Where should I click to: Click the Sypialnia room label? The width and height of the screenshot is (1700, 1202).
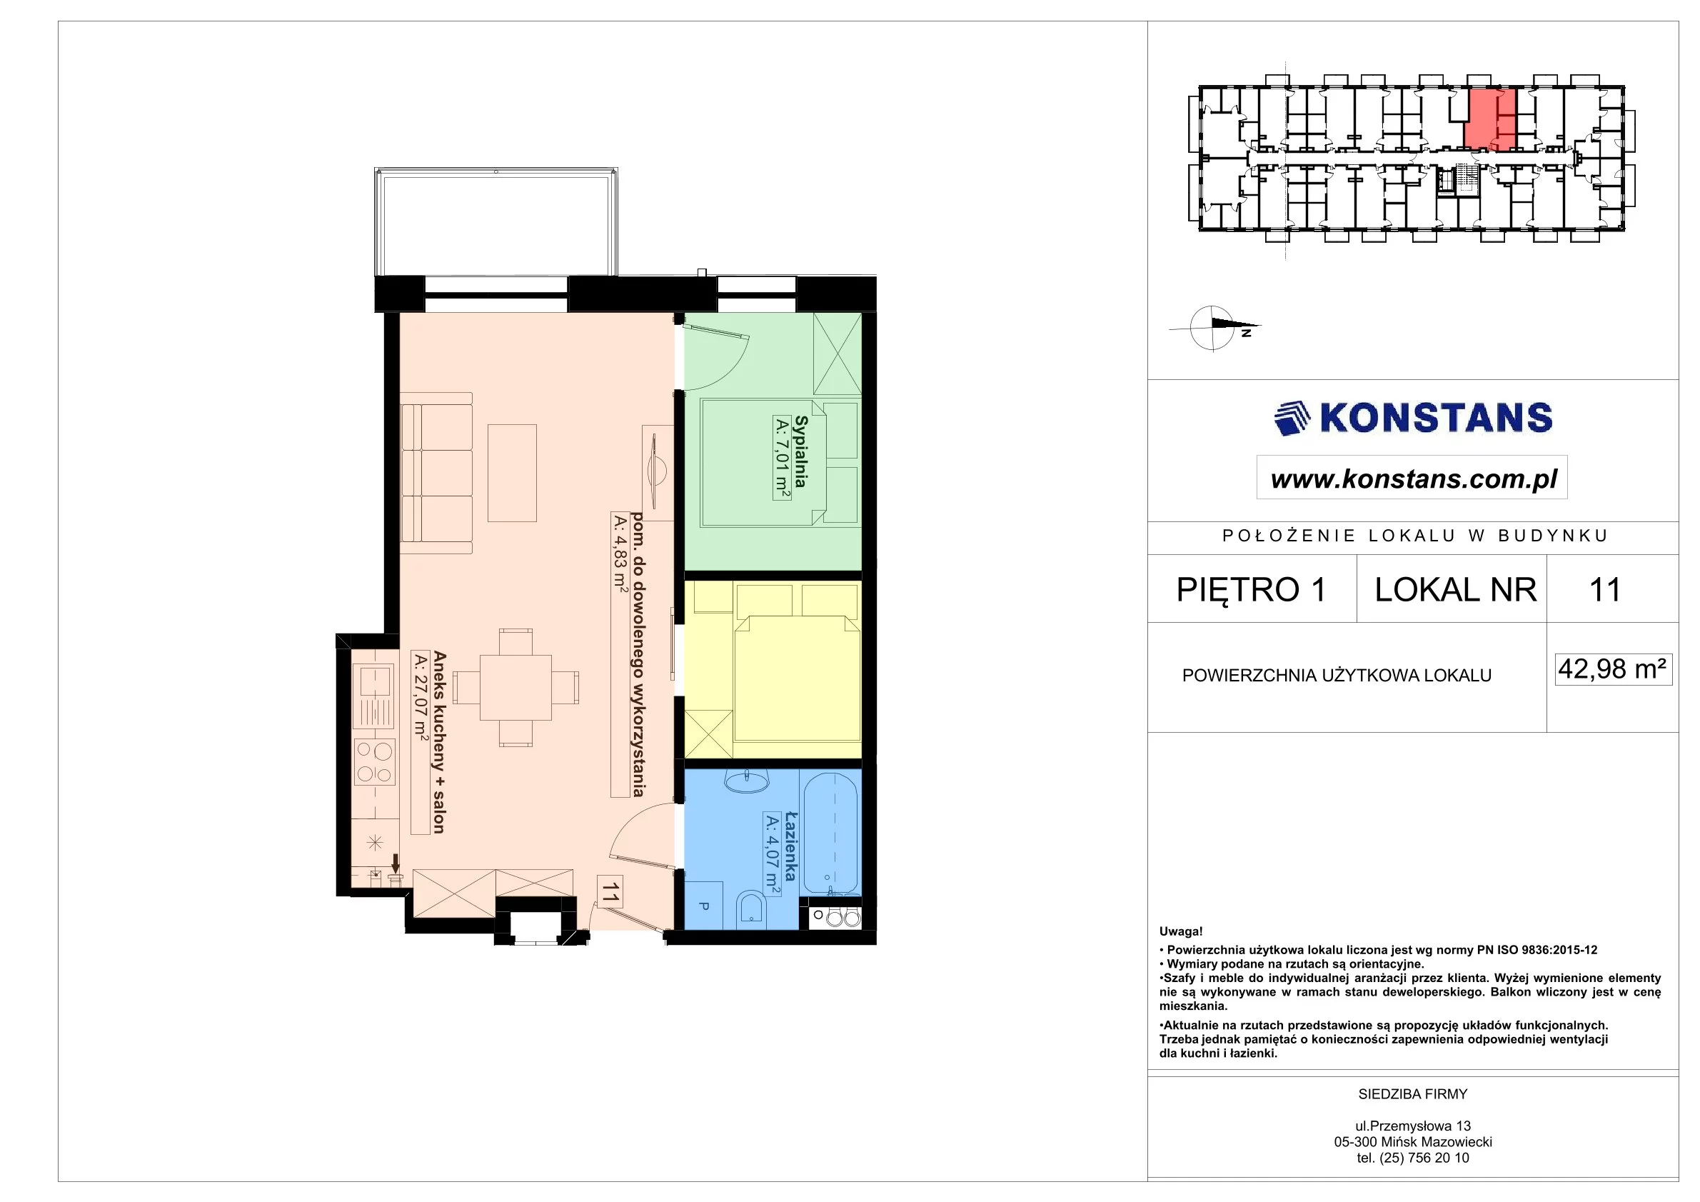coord(800,451)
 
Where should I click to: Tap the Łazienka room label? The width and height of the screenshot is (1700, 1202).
coord(790,846)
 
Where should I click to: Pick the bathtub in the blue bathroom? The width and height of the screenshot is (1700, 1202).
coord(831,833)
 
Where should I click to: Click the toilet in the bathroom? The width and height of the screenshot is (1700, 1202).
coord(752,908)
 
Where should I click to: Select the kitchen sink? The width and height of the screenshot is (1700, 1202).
coord(375,696)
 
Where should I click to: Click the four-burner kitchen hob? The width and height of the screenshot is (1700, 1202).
coord(375,762)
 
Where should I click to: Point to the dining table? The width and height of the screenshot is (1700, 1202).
coord(515,687)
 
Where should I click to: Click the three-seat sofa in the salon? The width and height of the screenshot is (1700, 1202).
coord(436,473)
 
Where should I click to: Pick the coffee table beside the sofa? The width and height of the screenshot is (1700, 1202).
coord(513,473)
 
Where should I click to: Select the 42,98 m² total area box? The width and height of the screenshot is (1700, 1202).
coord(1614,669)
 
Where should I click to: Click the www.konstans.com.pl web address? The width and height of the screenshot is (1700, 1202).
coord(1414,479)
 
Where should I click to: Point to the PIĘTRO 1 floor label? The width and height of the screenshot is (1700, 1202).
coord(1251,589)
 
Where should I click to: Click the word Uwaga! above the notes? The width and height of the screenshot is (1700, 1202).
coord(1181,932)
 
